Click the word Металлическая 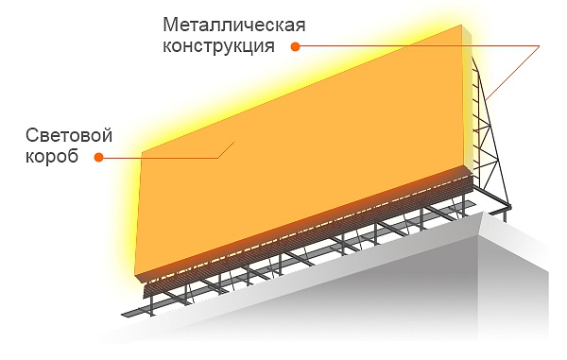[234, 26]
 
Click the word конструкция [218, 46]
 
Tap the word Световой [69, 135]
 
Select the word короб [52, 157]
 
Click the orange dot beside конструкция [296, 46]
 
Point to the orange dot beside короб [98, 157]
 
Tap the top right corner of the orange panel [462, 25]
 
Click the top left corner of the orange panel [142, 152]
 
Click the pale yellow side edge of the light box [468, 97]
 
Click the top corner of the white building [484, 214]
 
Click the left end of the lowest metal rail [122, 314]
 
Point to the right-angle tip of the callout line [539, 46]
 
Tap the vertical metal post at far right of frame [505, 215]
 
